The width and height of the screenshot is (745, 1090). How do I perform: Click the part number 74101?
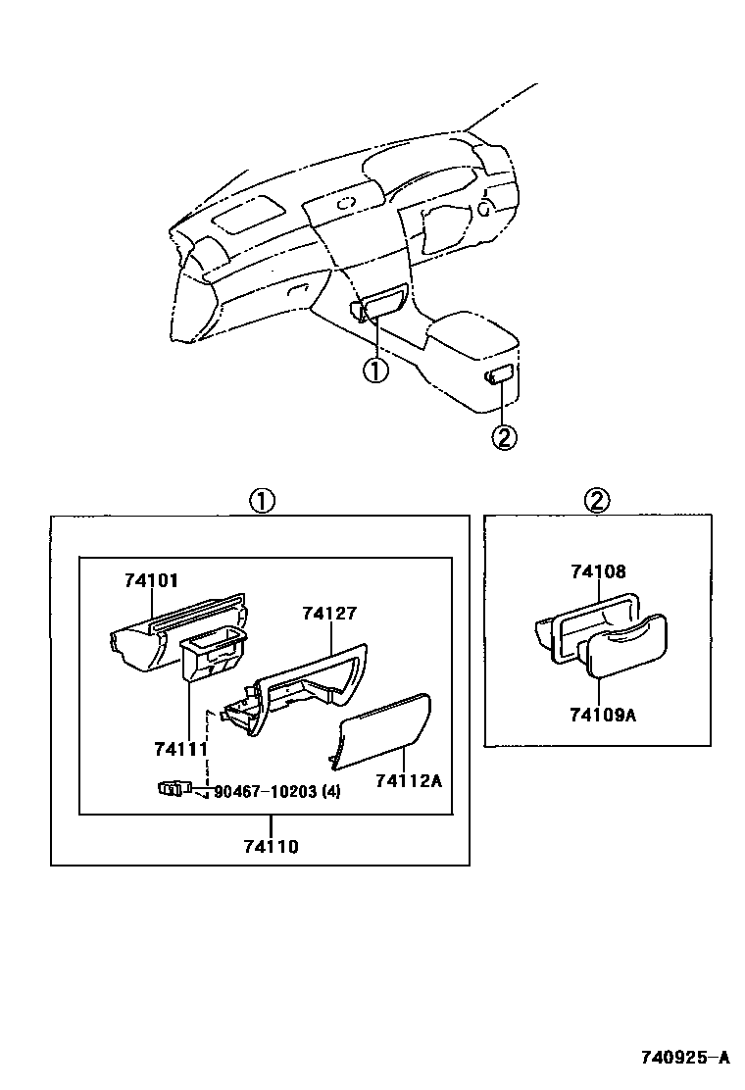coord(151,580)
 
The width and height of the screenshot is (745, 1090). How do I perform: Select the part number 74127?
coord(329,614)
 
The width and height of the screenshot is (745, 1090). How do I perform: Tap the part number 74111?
coord(181,749)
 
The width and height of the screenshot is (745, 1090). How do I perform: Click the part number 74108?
coord(598,571)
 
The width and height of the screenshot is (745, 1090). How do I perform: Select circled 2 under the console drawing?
coord(503,437)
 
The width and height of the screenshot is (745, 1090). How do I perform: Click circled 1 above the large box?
coord(260,501)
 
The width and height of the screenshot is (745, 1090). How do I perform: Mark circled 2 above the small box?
coord(597,501)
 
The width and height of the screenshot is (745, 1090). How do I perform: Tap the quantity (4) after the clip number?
coord(330,792)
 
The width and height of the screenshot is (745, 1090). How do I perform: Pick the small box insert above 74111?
coord(212,655)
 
